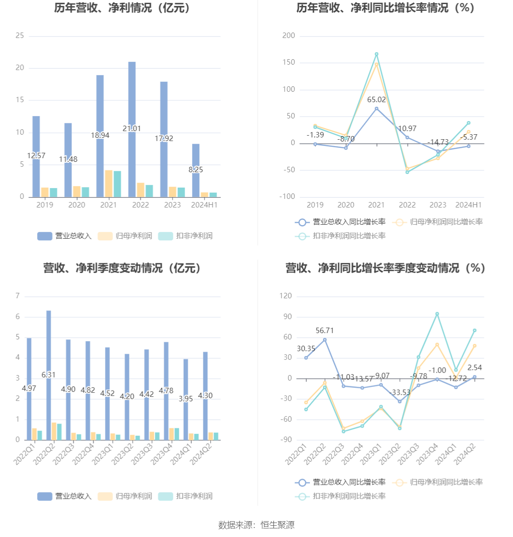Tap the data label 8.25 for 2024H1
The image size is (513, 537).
(196, 170)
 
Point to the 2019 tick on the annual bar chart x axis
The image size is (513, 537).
(44, 205)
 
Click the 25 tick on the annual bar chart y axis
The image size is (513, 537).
(19, 36)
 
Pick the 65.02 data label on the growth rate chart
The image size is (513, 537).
(376, 100)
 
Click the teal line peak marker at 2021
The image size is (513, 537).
(376, 54)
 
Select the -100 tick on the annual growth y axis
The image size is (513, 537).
(287, 197)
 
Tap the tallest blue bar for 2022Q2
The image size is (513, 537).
(48, 344)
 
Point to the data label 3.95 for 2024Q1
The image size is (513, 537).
(185, 399)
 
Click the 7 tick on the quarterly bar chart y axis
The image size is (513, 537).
(18, 296)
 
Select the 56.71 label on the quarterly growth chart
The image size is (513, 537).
(324, 330)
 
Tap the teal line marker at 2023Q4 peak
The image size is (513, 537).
(437, 314)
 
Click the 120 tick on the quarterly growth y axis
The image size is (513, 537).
(285, 296)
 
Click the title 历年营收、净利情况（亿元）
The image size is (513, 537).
(122, 8)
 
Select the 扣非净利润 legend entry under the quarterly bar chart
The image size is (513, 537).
(185, 496)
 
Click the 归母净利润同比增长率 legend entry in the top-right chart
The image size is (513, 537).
(438, 222)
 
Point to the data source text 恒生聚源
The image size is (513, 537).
(277, 525)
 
